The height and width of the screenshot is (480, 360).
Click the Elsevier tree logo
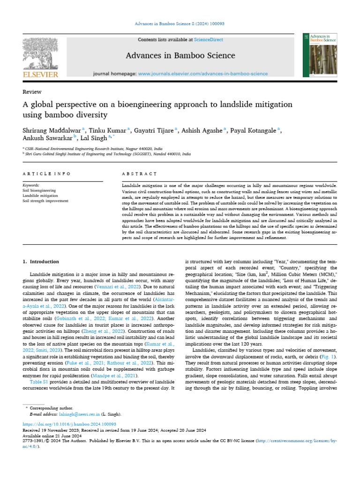pyautogui.click(x=40, y=53)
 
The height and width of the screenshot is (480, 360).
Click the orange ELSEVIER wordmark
pyautogui.click(x=40, y=75)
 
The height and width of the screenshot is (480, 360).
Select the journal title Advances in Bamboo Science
pyautogui.click(x=180, y=56)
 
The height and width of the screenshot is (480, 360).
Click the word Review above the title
pyautogui.click(x=32, y=92)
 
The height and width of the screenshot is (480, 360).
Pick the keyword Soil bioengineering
pyautogui.click(x=39, y=191)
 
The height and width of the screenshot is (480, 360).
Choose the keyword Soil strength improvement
pyautogui.click(x=45, y=201)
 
